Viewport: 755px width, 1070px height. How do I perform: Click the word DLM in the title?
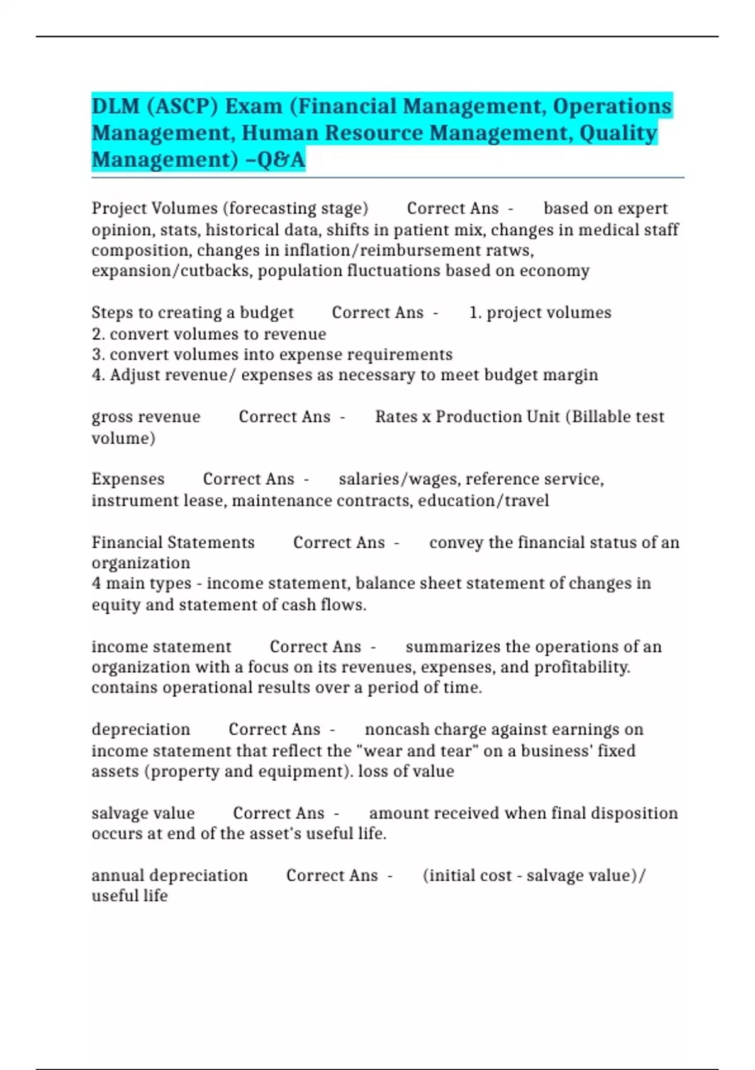(x=116, y=106)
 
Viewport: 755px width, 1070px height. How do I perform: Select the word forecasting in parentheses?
(x=272, y=208)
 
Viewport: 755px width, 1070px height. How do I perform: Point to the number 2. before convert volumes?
(x=98, y=334)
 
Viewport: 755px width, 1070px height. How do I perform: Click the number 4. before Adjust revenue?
(x=98, y=375)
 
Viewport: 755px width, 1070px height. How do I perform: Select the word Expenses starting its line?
(x=128, y=479)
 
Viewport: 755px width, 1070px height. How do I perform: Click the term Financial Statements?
(x=173, y=543)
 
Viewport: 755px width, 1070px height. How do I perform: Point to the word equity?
(x=116, y=605)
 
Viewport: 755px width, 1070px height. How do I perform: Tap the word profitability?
(x=581, y=667)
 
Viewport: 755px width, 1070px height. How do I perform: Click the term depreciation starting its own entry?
(x=140, y=729)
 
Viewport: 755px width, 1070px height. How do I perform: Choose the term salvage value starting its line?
(x=143, y=813)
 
